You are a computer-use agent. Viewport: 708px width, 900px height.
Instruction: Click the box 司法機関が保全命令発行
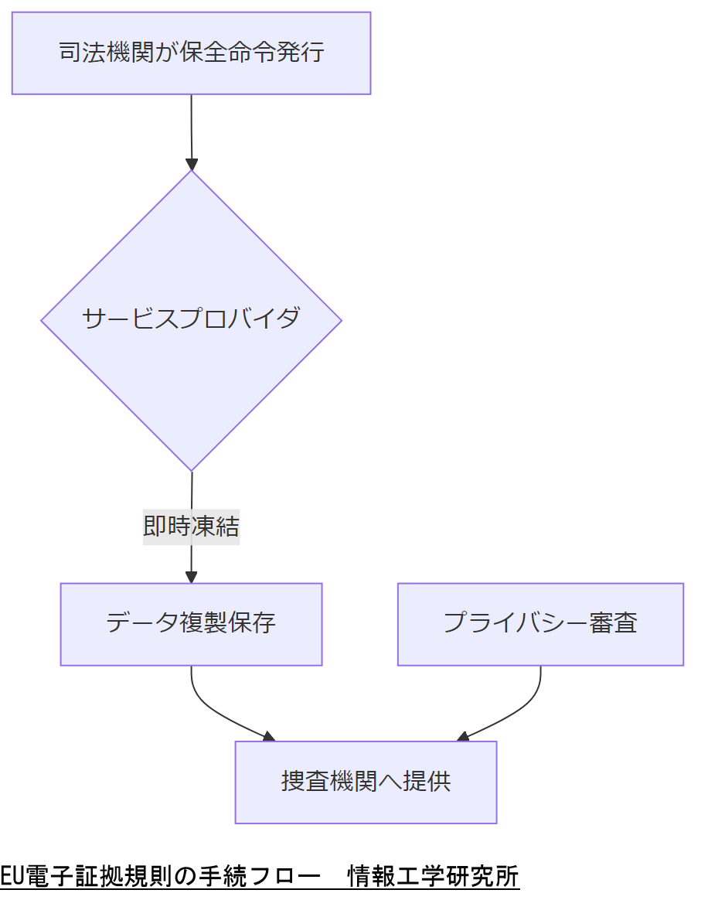tap(191, 53)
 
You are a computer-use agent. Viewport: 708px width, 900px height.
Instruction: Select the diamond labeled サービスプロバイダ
tap(191, 319)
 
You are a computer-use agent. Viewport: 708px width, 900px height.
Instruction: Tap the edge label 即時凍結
tap(191, 527)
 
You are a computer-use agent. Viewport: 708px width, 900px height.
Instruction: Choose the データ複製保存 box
tap(191, 624)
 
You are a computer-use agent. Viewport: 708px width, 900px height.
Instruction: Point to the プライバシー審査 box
tap(540, 624)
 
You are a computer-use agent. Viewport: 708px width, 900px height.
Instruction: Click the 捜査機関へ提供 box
tap(366, 782)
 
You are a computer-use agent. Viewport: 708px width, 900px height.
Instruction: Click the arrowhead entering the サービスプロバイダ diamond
tap(192, 164)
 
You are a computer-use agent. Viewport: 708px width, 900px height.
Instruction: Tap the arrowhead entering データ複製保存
tap(192, 577)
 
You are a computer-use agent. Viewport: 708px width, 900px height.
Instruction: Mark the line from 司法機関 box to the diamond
tap(192, 128)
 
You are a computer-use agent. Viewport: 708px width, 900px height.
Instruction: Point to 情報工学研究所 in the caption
tap(434, 877)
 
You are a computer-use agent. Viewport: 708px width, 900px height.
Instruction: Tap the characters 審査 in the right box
tap(614, 624)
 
